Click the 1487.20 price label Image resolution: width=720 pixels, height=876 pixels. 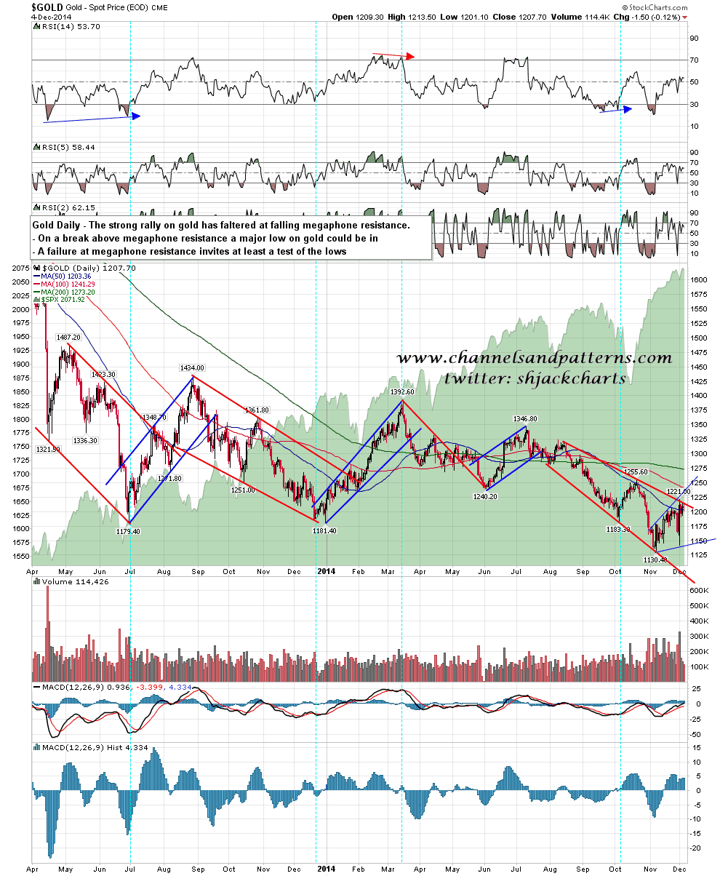pyautogui.click(x=68, y=338)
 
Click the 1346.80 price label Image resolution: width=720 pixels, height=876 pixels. pyautogui.click(x=524, y=419)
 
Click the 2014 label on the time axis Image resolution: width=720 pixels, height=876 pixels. pyautogui.click(x=325, y=573)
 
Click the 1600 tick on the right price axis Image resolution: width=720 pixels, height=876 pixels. pyautogui.click(x=697, y=280)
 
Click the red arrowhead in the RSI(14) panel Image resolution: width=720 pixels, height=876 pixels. pyautogui.click(x=412, y=56)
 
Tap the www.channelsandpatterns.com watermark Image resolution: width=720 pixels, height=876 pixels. pyautogui.click(x=535, y=359)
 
